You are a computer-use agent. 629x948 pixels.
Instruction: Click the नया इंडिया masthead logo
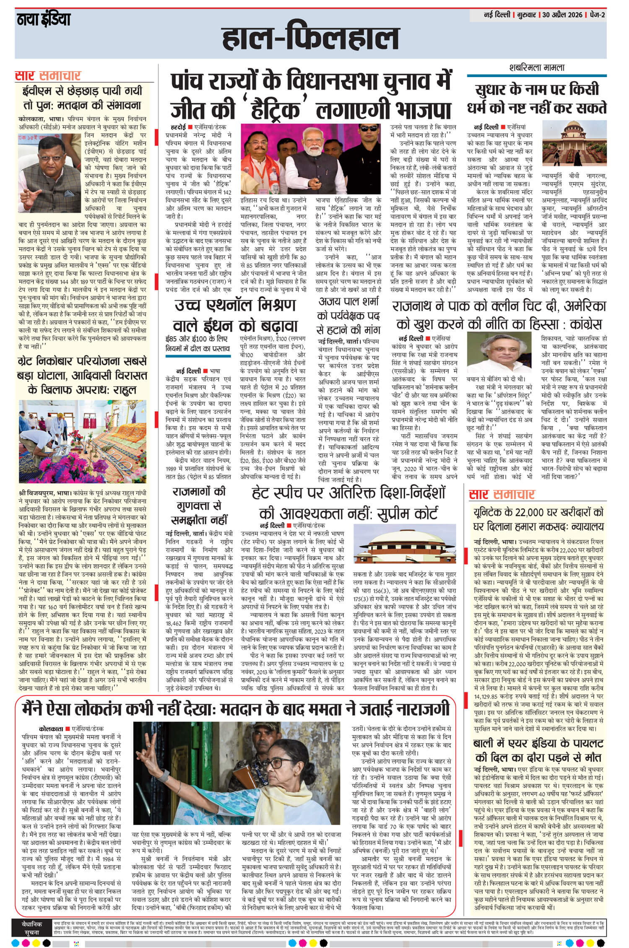44,20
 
